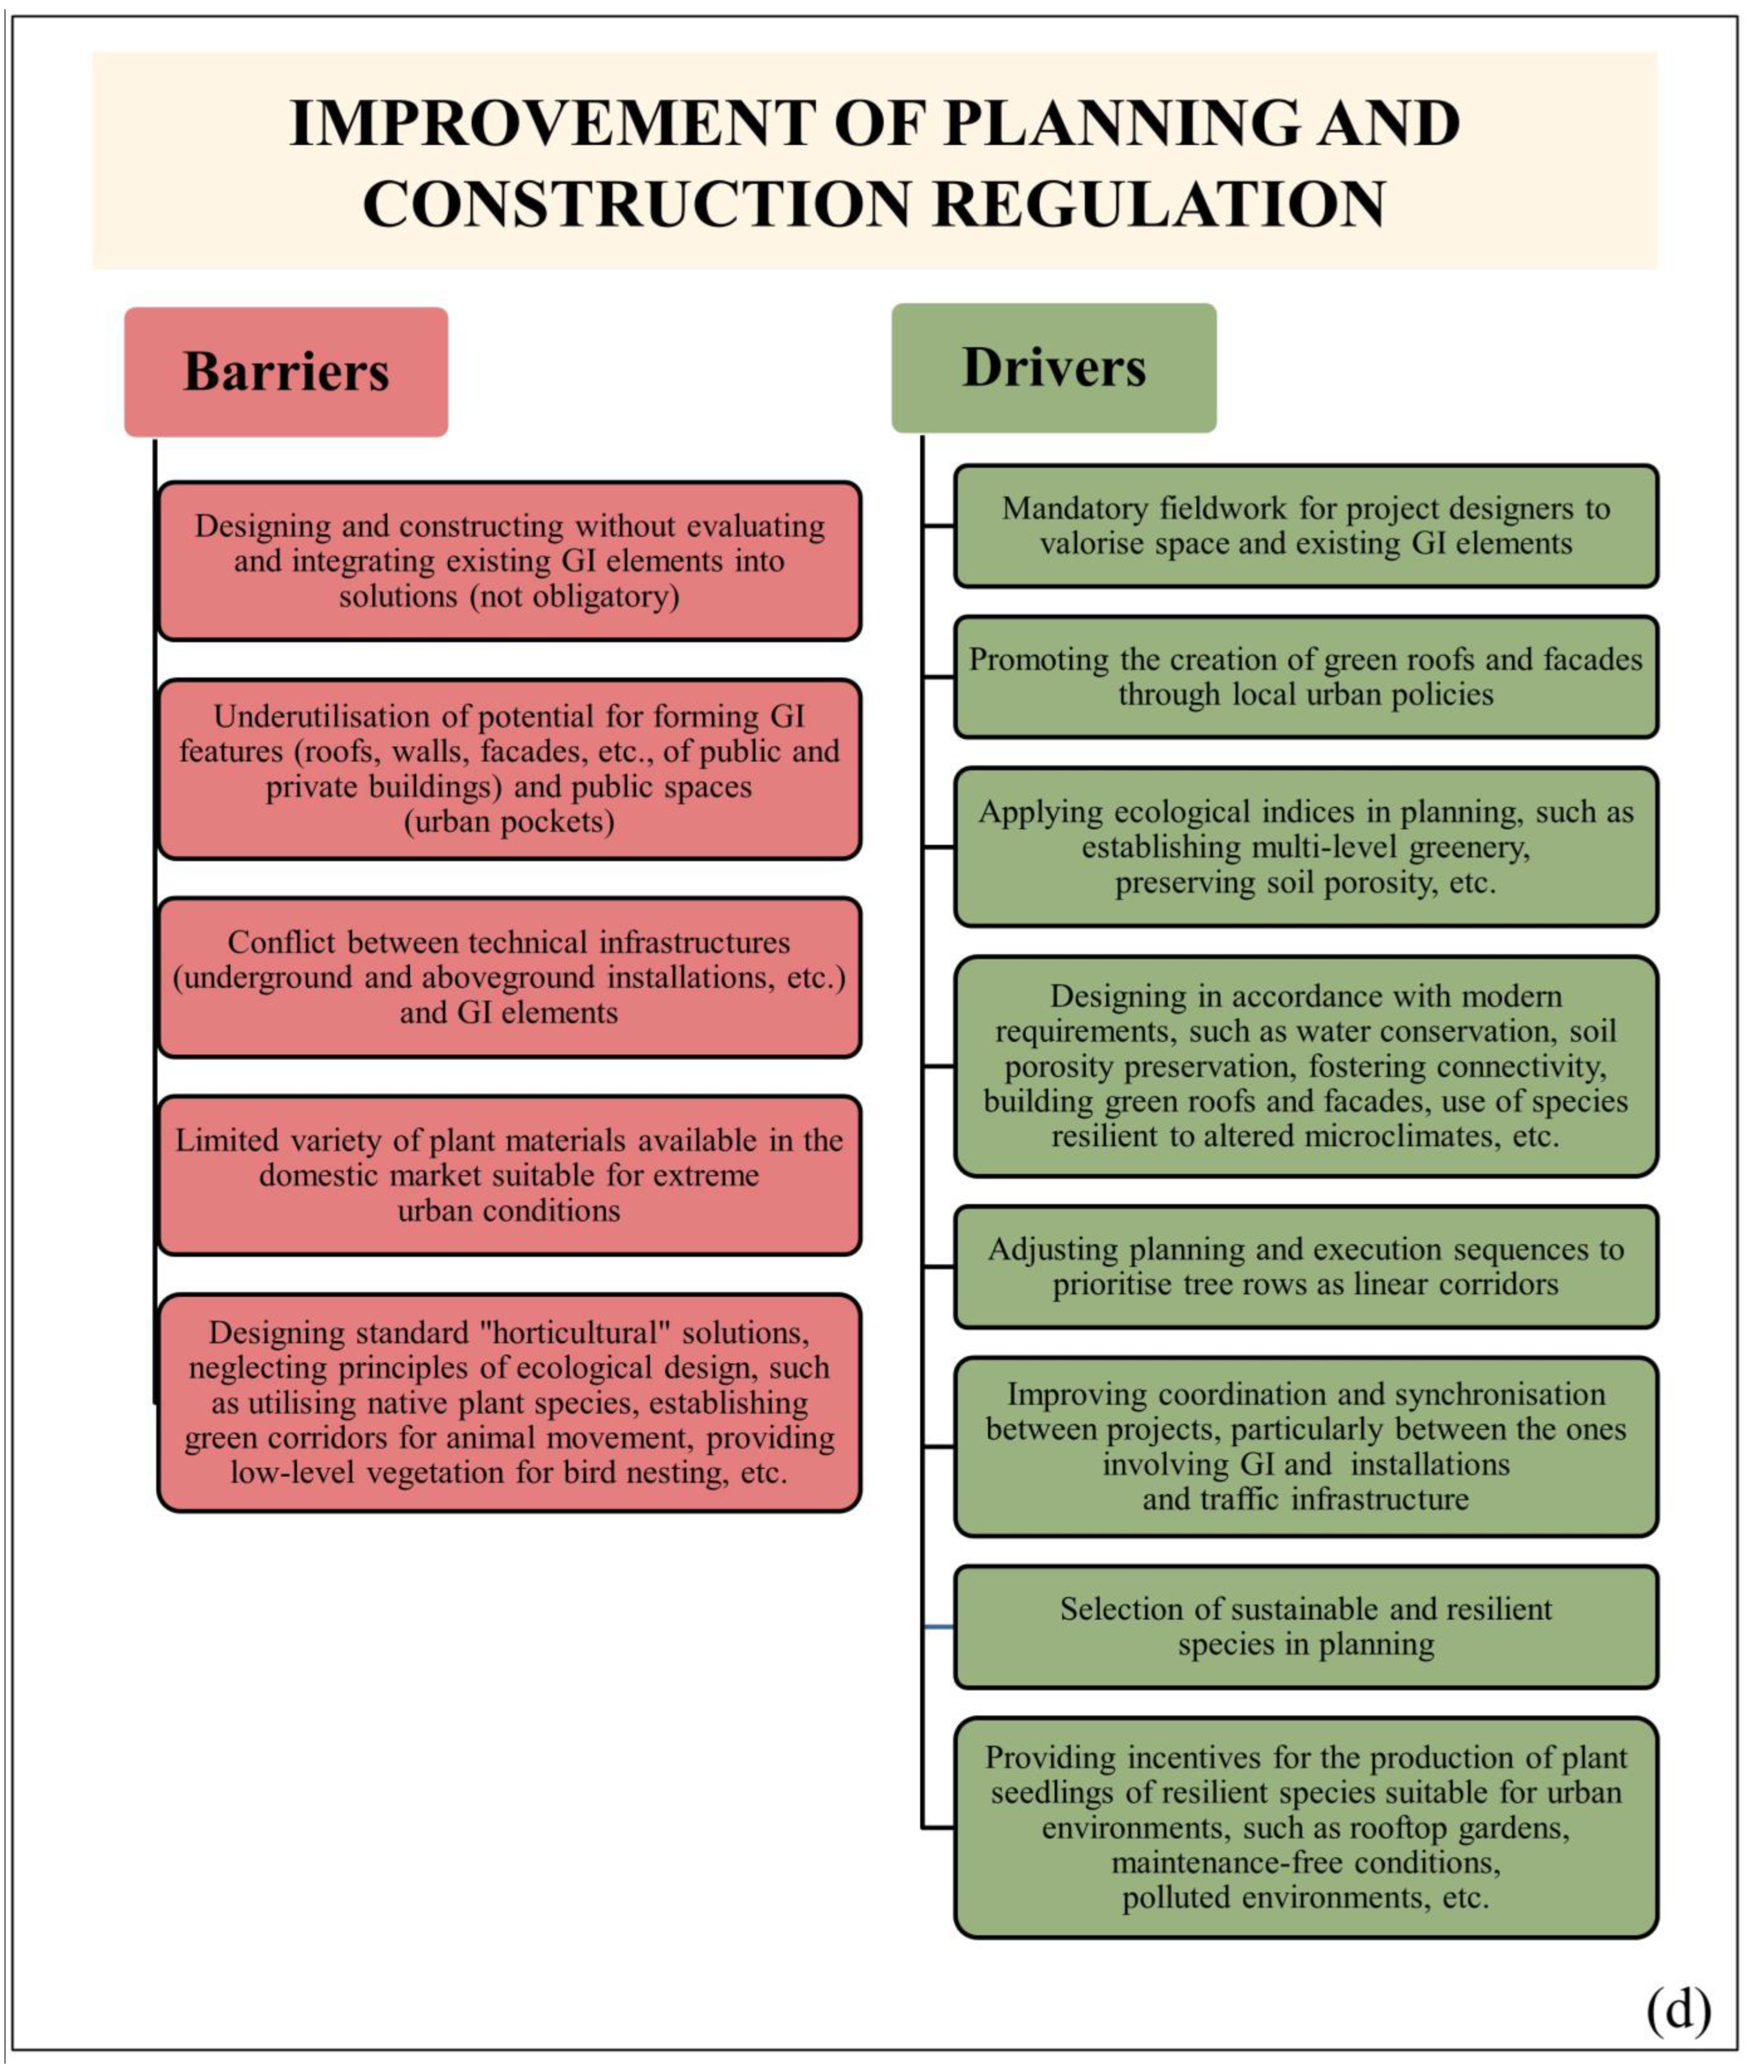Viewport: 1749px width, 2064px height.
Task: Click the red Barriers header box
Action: (286, 372)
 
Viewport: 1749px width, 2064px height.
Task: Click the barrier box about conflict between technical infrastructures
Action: (509, 978)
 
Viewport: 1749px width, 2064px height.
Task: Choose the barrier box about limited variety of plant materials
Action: (509, 1175)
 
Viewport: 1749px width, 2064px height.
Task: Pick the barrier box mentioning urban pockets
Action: (509, 770)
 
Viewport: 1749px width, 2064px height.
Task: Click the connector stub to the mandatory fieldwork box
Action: (938, 526)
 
